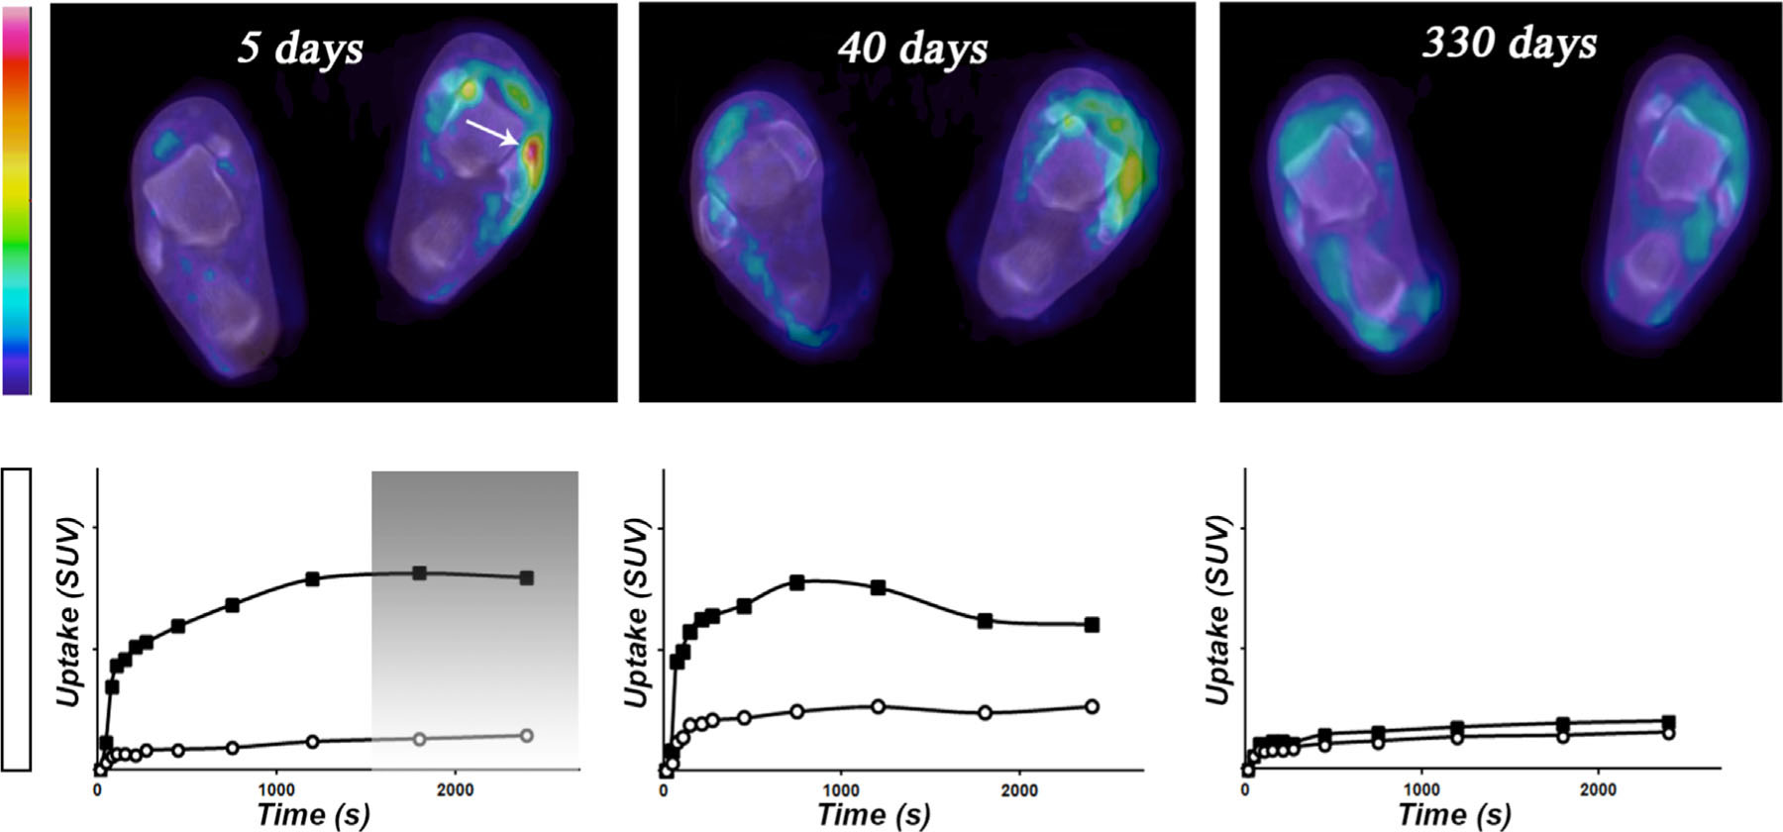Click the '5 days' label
(x=300, y=49)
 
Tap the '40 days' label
(x=912, y=49)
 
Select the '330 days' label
(x=1509, y=43)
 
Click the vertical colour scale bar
(x=17, y=201)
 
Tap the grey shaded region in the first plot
(x=474, y=614)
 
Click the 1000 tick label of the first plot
(x=276, y=790)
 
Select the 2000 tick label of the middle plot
(x=1019, y=790)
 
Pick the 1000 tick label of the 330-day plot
(x=1422, y=790)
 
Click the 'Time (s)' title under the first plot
(x=313, y=815)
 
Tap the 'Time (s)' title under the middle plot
(x=874, y=815)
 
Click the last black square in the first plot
(x=527, y=577)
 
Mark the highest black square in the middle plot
(x=796, y=582)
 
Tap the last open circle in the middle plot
(x=1092, y=706)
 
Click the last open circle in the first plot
(x=527, y=736)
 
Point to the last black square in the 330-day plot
(x=1668, y=722)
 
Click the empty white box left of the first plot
(x=17, y=619)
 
